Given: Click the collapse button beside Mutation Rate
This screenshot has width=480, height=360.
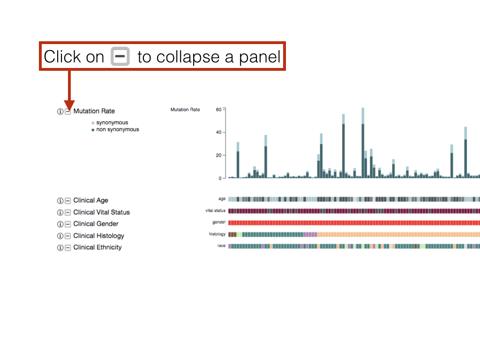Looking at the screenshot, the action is [67, 112].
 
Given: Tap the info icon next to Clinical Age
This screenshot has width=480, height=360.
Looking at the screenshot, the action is [60, 201].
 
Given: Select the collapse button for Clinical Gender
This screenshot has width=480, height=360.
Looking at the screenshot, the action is [67, 224].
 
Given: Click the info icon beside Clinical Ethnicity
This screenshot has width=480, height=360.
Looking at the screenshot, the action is [60, 247].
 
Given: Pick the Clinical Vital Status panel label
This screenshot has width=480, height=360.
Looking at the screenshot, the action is [101, 212].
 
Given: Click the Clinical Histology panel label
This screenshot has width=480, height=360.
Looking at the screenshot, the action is [98, 236].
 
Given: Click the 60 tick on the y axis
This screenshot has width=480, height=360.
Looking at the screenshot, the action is [218, 110].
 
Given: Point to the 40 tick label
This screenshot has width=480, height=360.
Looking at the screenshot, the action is [218, 132].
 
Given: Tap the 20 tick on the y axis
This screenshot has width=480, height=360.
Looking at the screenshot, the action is [218, 155].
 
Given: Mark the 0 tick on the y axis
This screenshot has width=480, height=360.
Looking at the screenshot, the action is [220, 178].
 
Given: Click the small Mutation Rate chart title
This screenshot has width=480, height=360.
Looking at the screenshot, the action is [185, 110].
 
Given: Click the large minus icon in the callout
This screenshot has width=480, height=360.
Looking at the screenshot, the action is [120, 56].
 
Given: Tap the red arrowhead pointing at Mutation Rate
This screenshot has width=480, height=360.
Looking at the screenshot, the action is [69, 105].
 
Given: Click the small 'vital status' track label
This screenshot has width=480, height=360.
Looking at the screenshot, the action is [216, 210].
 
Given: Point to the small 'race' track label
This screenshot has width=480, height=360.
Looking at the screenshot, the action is [221, 246].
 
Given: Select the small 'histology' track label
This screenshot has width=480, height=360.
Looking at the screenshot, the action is [217, 234].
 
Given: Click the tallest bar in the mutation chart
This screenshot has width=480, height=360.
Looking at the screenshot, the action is [363, 143].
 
